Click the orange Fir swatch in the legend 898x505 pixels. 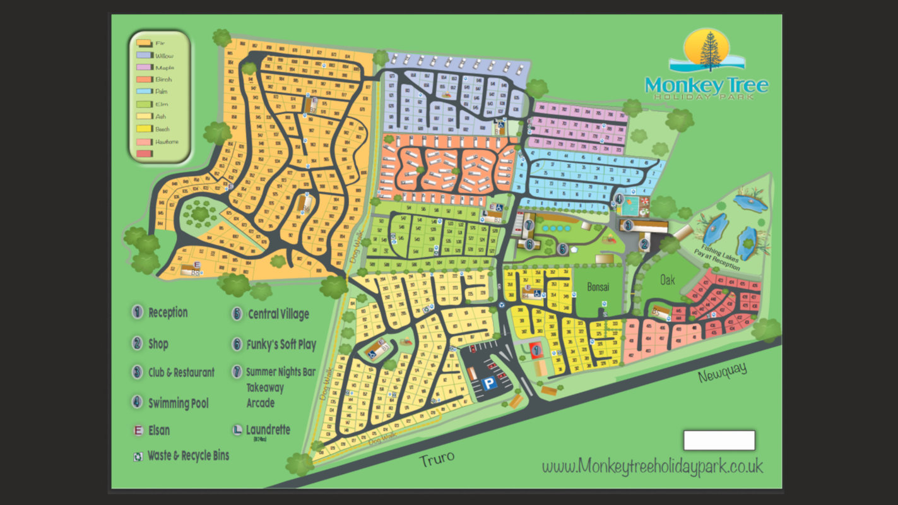point(143,44)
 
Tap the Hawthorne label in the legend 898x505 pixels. point(167,141)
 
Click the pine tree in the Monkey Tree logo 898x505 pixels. point(710,50)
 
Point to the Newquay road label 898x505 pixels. point(723,373)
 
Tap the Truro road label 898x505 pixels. point(437,458)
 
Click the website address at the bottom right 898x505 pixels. point(652,466)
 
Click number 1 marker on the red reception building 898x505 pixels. point(536,348)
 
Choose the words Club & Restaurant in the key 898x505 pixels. point(181,372)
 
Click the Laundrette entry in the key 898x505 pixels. point(268,430)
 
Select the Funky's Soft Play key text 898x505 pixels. point(281,345)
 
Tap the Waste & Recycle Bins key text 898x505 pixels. point(188,455)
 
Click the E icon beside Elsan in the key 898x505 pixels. point(138,431)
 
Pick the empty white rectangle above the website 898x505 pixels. point(719,440)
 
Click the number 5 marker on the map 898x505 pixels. point(562,249)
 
